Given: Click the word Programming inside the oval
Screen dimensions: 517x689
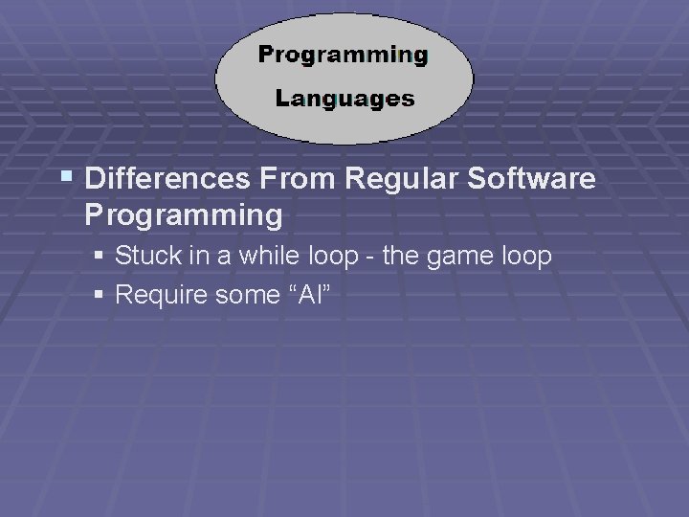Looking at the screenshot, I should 343,55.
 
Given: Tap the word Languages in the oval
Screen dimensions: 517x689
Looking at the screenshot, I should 344,99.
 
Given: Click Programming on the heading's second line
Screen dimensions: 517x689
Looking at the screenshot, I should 184,215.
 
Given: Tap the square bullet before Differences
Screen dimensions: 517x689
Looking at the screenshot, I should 66,177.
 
